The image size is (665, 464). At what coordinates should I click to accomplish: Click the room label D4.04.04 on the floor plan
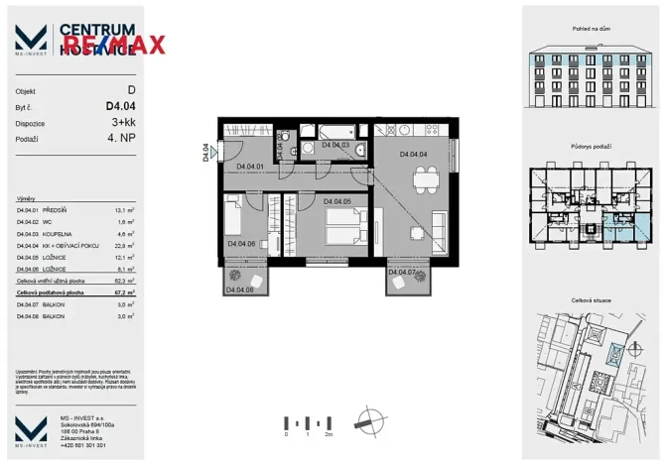tap(413, 156)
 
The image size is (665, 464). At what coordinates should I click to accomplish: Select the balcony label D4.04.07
tap(404, 272)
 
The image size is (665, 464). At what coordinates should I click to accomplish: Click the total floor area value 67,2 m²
tap(122, 293)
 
